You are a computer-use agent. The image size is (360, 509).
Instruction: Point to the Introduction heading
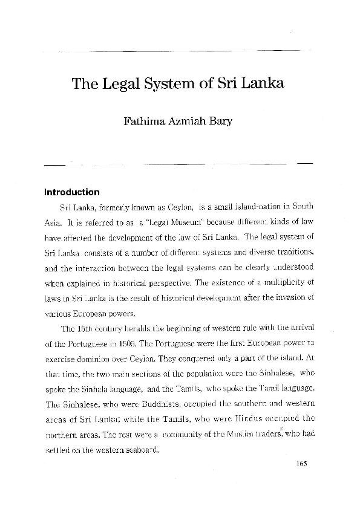click(71, 193)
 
